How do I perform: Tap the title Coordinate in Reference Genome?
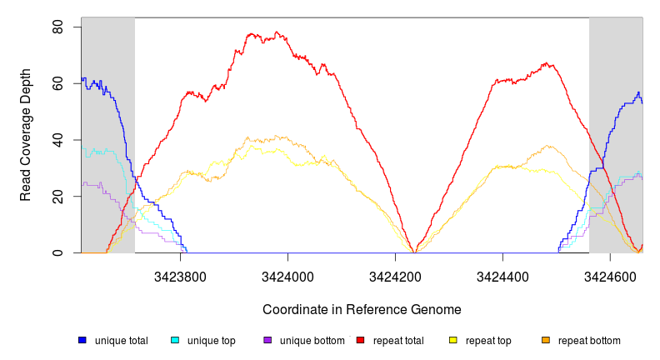362,310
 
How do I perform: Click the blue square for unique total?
82,341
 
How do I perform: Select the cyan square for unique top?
175,341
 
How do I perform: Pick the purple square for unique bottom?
267,341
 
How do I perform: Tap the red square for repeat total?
360,341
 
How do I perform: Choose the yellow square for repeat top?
453,341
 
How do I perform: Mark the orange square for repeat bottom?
546,341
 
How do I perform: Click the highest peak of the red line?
276,32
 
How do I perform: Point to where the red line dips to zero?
415,252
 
